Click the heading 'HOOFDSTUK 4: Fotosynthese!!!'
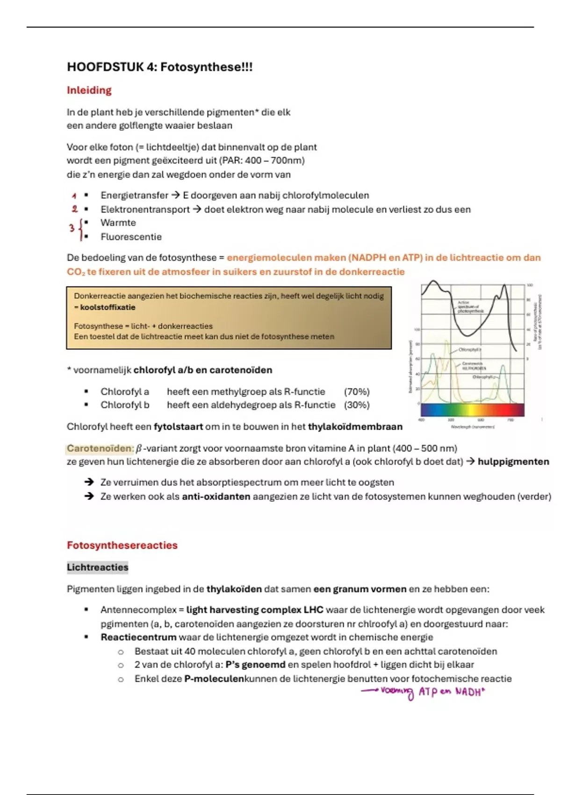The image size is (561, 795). [159, 67]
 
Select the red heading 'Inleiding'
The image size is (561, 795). [89, 90]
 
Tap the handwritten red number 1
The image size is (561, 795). [74, 196]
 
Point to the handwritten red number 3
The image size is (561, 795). [72, 229]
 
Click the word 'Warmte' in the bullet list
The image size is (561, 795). [118, 223]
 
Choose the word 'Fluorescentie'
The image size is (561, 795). [131, 237]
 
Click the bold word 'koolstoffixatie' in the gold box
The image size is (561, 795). [108, 308]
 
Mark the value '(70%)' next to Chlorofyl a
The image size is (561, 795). [357, 392]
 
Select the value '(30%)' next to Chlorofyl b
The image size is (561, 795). [357, 405]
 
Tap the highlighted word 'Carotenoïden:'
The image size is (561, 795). [100, 448]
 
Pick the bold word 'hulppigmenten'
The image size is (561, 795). [513, 462]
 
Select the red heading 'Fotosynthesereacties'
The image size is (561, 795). [122, 545]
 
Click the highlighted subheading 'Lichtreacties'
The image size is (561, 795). [97, 568]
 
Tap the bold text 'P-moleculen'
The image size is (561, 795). [214, 679]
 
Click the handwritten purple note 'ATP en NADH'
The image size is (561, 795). [451, 692]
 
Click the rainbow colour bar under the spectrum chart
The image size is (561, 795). [472, 410]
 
